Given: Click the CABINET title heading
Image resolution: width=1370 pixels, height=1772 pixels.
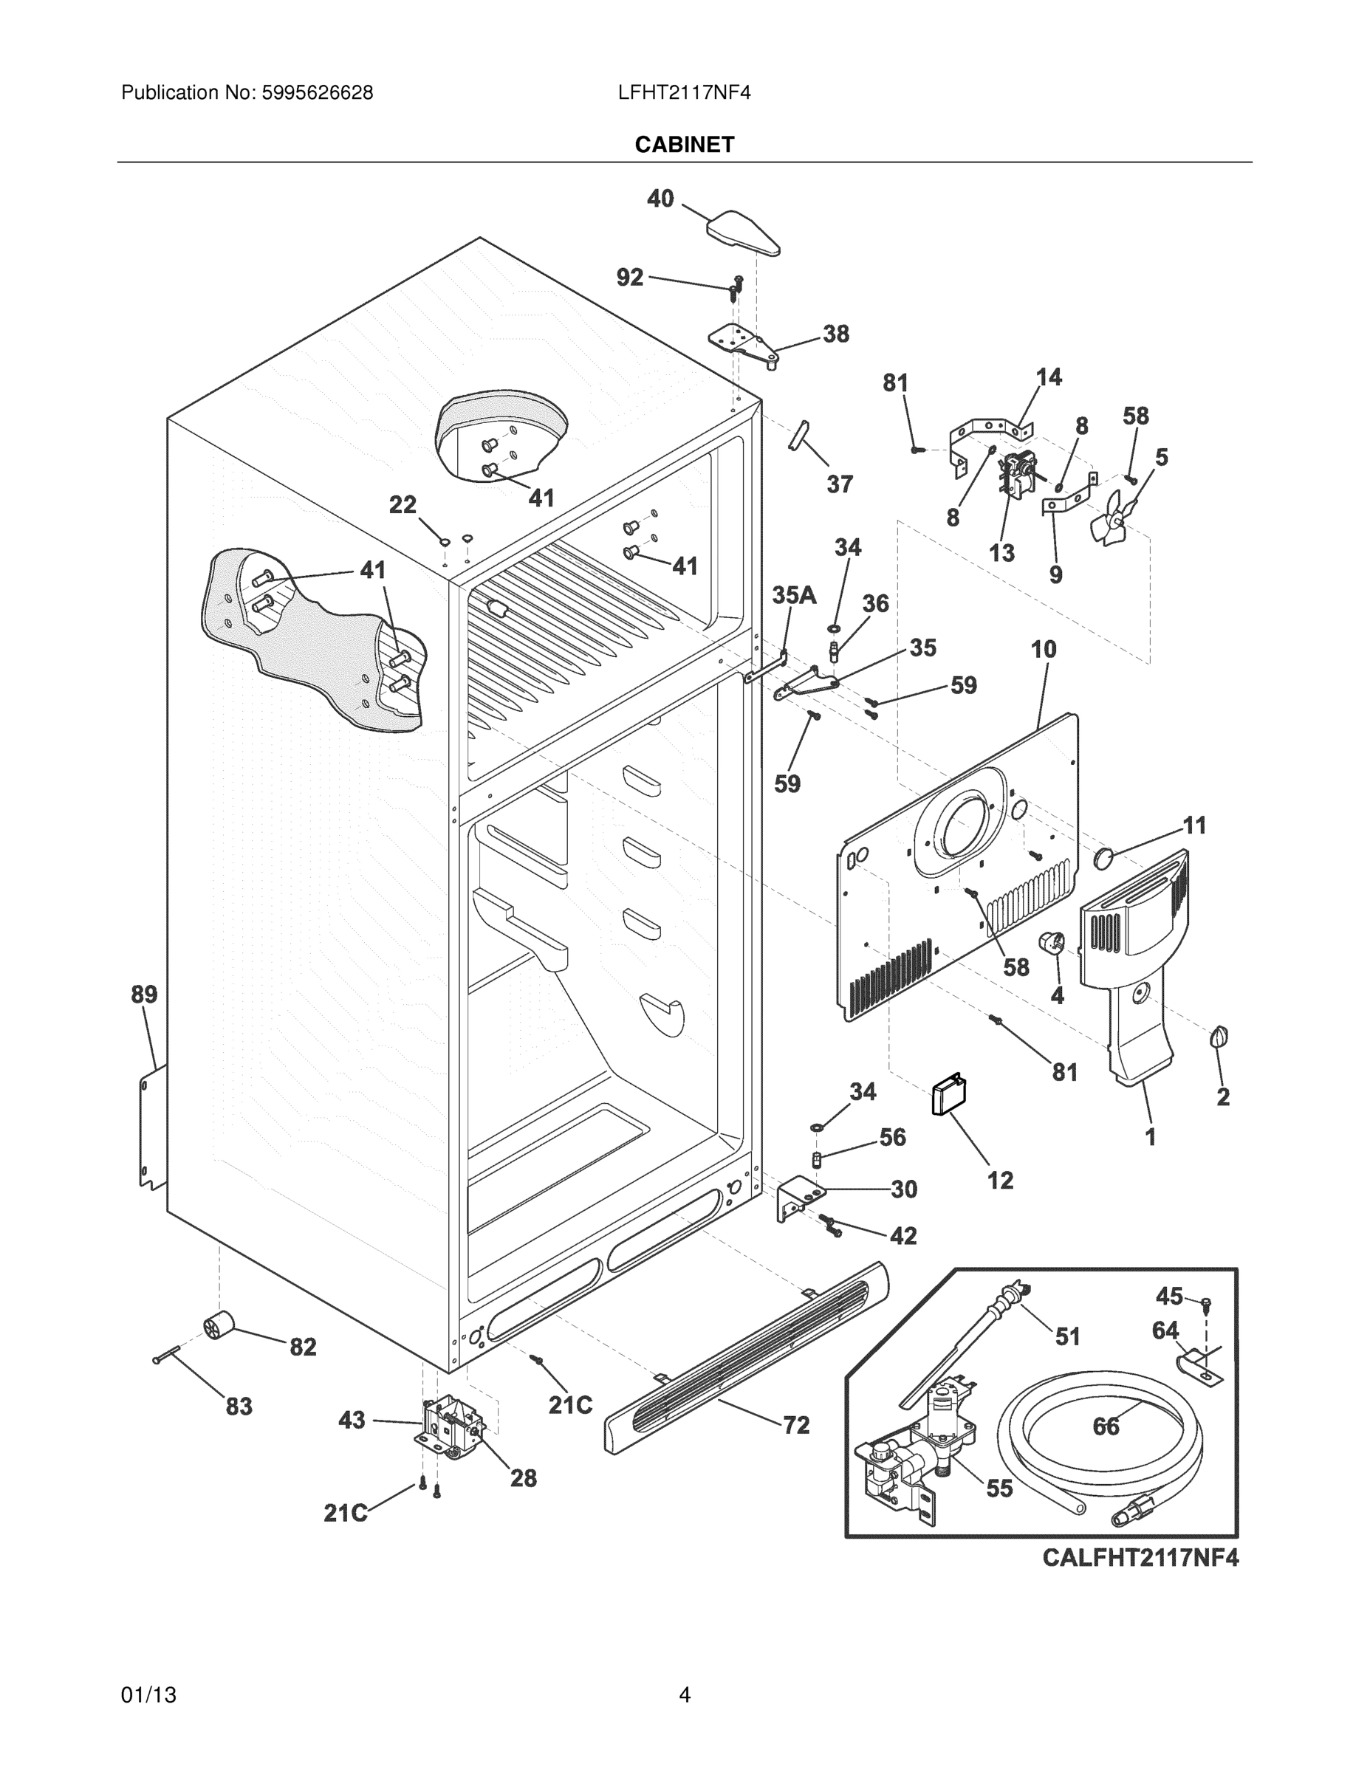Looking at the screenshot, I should pyautogui.click(x=684, y=145).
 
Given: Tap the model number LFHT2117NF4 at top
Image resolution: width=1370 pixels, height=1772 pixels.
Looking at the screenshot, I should pyautogui.click(x=684, y=93).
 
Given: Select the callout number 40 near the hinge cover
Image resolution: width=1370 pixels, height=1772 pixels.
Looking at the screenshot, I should pyautogui.click(x=660, y=199).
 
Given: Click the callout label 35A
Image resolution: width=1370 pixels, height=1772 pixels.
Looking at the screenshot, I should pyautogui.click(x=794, y=596).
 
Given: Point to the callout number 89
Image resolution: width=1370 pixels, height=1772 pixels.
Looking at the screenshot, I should pyautogui.click(x=145, y=994).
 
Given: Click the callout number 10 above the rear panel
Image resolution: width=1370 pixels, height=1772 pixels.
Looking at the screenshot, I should pyautogui.click(x=1044, y=649).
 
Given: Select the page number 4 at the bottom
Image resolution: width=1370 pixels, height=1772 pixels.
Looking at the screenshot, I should pyautogui.click(x=684, y=1695).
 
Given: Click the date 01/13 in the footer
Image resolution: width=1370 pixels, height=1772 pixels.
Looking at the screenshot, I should pyautogui.click(x=148, y=1695).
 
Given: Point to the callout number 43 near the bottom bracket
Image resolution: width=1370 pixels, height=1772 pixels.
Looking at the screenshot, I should pyautogui.click(x=352, y=1420).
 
